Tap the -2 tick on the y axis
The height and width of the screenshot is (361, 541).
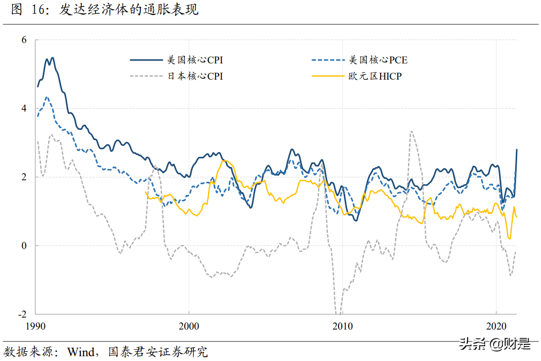click(x=22, y=315)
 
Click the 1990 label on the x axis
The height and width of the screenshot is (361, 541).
click(x=36, y=327)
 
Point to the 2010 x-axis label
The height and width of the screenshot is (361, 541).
click(x=342, y=327)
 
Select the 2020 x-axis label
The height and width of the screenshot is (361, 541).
click(x=496, y=327)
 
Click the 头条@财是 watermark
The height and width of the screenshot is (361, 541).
click(x=494, y=343)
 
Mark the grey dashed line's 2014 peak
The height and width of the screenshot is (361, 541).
click(x=411, y=131)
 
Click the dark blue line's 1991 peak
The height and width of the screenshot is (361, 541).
click(x=52, y=58)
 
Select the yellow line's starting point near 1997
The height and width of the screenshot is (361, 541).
click(x=145, y=192)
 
